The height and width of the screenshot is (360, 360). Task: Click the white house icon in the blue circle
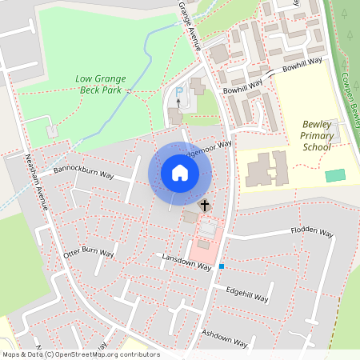pos(180,172)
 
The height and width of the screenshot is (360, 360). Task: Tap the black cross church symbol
pos(204,206)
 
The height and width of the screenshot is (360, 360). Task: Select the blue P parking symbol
pos(179,93)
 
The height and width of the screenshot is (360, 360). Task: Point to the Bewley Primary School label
pos(318,135)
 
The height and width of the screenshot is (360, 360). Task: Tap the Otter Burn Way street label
pos(88,253)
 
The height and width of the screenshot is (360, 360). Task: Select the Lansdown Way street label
pos(186,263)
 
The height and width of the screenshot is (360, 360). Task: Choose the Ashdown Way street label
pos(224,338)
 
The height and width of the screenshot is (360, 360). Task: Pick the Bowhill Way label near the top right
pos(301,60)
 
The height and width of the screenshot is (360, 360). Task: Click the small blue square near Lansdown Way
pos(222,266)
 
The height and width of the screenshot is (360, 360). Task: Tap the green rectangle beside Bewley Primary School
pos(335,174)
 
